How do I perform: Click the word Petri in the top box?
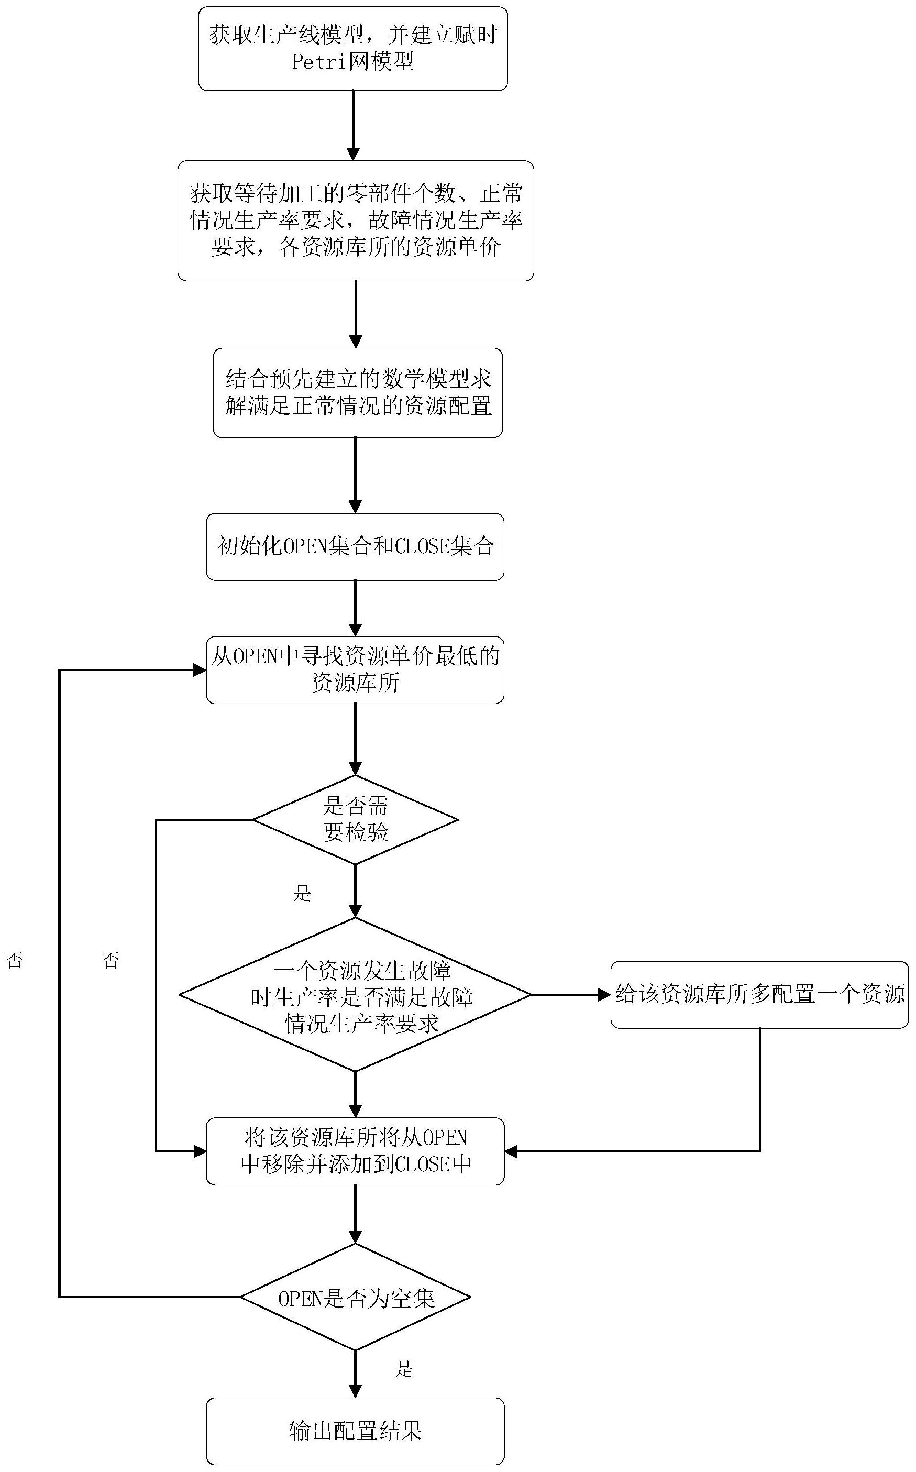316,62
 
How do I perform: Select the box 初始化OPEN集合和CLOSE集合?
355,546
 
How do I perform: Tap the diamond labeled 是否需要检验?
355,820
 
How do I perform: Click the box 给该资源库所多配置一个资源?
760,994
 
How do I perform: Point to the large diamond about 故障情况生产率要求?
355,995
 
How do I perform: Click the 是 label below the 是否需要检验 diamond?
302,893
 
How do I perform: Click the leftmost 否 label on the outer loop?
15,960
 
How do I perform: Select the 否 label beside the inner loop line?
111,960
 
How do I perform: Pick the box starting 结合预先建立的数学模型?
357,392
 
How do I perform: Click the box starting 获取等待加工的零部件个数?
356,221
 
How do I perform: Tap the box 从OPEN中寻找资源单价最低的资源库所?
355,670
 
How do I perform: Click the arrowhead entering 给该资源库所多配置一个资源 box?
603,995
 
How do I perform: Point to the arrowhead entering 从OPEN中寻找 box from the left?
200,670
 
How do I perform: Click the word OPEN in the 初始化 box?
305,546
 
